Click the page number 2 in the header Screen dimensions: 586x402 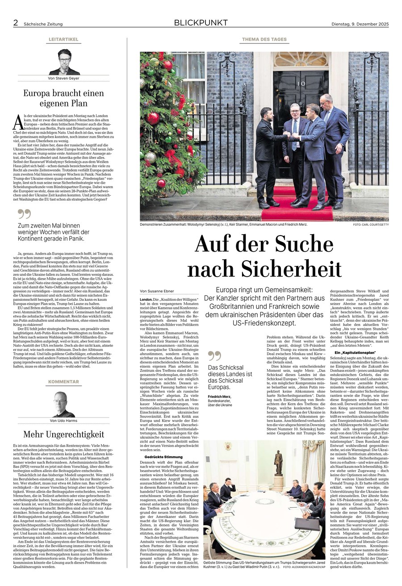coord(15,23)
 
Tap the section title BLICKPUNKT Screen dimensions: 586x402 coord(201,23)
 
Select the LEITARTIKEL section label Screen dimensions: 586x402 coord(63,40)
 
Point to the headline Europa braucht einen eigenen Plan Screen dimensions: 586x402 coord(63,98)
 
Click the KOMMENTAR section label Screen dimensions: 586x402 coord(63,382)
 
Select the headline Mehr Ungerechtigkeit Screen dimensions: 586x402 coord(63,434)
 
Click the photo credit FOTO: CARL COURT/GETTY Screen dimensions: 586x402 coord(370,224)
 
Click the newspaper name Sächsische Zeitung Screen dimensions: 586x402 coord(43,24)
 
